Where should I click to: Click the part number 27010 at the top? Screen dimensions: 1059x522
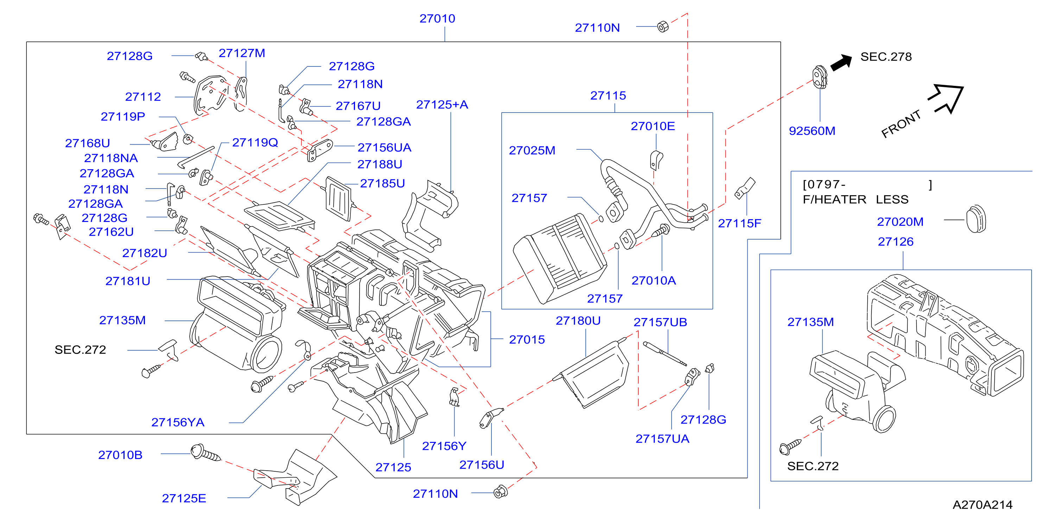click(437, 19)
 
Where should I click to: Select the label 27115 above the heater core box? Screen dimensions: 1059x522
click(608, 95)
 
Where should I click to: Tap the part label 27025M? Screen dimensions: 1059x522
click(532, 151)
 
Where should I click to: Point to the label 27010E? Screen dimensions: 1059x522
click(653, 126)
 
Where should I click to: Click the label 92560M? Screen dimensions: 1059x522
click(812, 131)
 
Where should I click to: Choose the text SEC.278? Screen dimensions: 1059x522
click(886, 57)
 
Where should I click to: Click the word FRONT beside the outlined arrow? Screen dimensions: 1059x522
click(901, 123)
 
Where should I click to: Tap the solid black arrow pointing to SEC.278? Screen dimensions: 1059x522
click(842, 63)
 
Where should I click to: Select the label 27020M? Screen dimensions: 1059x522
click(900, 222)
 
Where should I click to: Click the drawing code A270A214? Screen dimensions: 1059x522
click(983, 505)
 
